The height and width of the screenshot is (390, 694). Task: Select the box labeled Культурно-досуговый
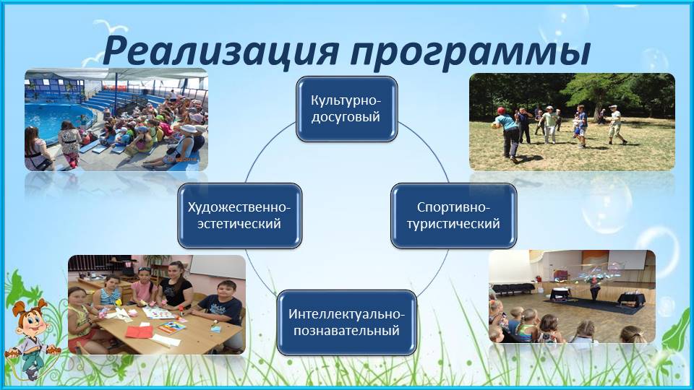pyautogui.click(x=346, y=109)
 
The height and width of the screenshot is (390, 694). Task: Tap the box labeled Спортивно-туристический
pyautogui.click(x=454, y=215)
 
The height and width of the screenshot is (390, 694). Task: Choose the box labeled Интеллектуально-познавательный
pyautogui.click(x=346, y=322)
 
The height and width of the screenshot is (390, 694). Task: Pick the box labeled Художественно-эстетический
pyautogui.click(x=240, y=215)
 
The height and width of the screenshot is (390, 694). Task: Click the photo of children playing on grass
pyautogui.click(x=572, y=122)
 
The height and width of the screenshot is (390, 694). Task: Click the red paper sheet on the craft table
pyautogui.click(x=139, y=331)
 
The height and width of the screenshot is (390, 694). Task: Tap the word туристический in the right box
pyautogui.click(x=454, y=224)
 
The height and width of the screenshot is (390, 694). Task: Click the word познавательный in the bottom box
pyautogui.click(x=346, y=331)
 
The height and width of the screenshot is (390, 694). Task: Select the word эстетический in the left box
pyautogui.click(x=239, y=224)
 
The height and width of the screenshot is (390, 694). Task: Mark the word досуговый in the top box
pyautogui.click(x=346, y=117)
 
